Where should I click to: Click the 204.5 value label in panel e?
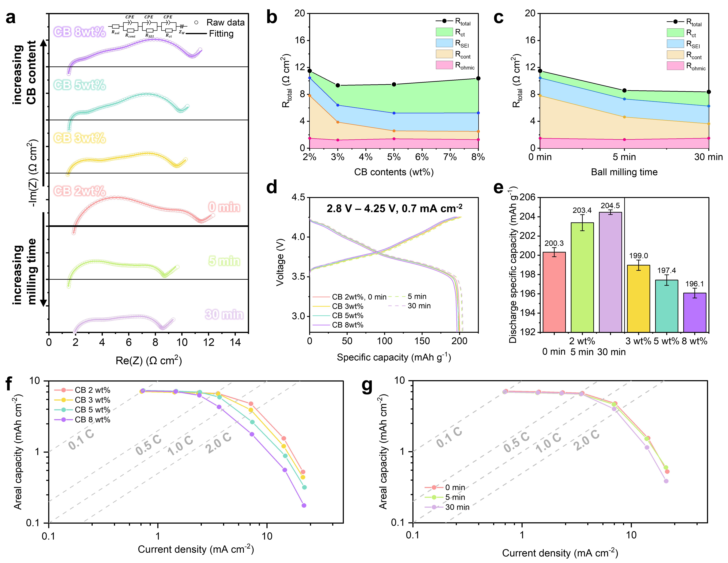tap(610, 206)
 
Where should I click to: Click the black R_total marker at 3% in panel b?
tap(338, 85)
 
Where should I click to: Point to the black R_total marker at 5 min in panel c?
tap(624, 90)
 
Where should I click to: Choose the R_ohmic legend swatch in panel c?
tap(675, 66)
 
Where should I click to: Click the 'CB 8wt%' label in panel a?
tap(79, 32)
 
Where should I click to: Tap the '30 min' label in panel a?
tap(224, 315)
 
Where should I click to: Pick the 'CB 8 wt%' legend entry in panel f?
tap(92, 420)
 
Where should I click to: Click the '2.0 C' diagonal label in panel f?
tap(218, 443)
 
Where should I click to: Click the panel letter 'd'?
tap(272, 187)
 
